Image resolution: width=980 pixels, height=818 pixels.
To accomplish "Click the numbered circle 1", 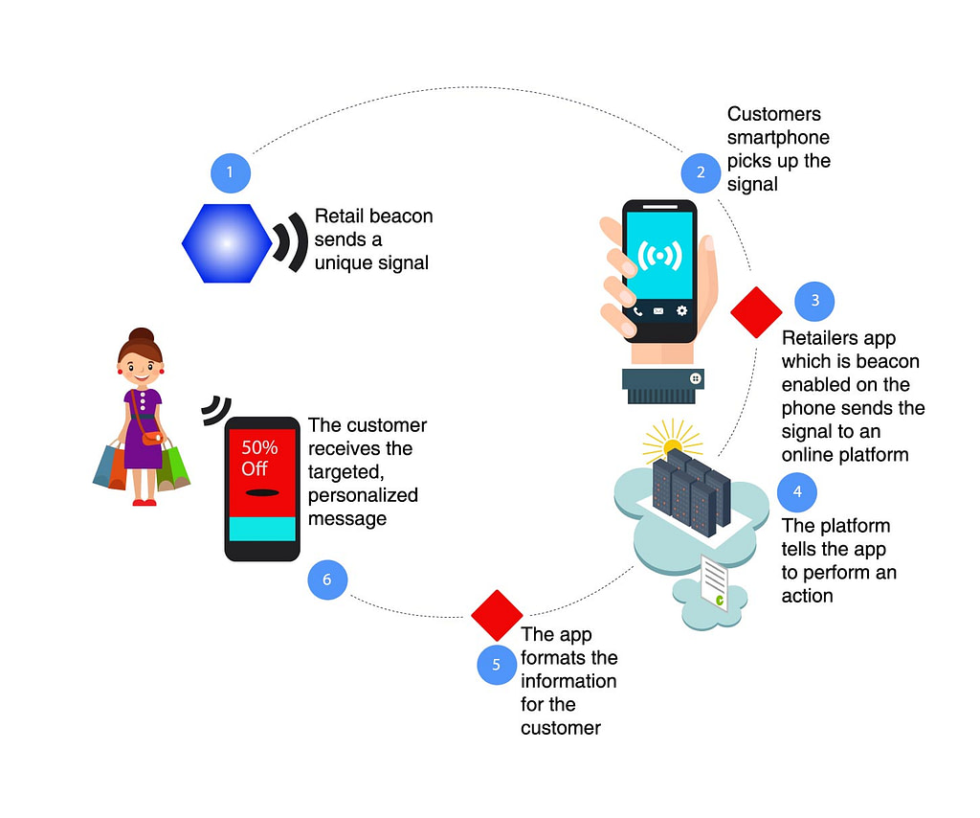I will coord(230,173).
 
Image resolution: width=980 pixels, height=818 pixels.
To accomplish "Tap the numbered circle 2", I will coord(701,172).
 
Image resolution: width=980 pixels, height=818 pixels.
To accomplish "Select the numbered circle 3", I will coord(814,301).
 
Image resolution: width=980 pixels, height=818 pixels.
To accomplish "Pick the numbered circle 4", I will coord(797,492).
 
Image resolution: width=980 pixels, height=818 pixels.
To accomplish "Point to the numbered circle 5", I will coord(497,666).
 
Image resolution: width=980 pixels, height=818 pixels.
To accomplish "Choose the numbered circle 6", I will coord(327,579).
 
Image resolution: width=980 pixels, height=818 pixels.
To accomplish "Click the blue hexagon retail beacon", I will coord(226,243).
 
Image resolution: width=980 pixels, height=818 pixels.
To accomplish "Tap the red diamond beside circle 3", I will coord(756,312).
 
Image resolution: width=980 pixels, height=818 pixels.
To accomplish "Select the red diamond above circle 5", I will coord(497,615).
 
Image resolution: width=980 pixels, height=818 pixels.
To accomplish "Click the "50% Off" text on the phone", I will coord(259,458).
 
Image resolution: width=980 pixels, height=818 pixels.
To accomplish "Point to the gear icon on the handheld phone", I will coord(681,311).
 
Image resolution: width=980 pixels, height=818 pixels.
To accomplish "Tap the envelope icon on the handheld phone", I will coord(658,311).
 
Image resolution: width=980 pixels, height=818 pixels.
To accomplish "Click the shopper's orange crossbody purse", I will coord(153,438).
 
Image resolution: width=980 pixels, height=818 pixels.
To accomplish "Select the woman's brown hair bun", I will coord(142,336).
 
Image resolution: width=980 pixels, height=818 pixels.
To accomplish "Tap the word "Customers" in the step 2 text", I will coord(773,115).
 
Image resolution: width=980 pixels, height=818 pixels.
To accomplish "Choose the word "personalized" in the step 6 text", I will coord(363,495).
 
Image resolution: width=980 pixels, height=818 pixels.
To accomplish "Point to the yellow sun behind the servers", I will coord(670,443).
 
